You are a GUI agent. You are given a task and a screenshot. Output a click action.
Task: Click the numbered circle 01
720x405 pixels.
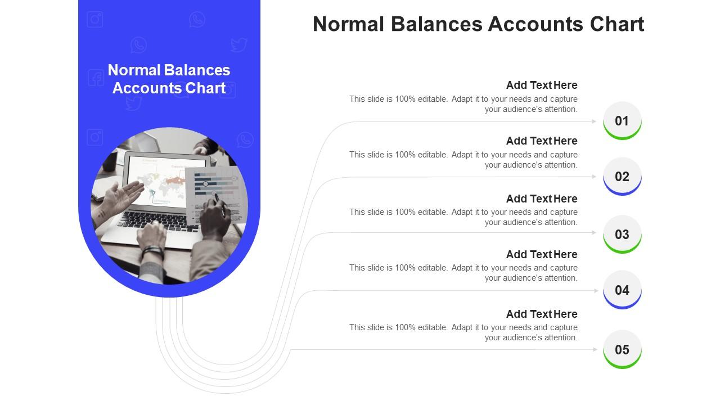pyautogui.click(x=622, y=120)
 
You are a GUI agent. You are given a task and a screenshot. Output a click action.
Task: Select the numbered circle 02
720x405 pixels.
pyautogui.click(x=622, y=176)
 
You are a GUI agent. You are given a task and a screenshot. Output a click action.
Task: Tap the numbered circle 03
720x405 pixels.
pyautogui.click(x=622, y=234)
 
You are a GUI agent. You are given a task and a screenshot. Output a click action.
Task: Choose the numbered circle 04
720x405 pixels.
pyautogui.click(x=622, y=290)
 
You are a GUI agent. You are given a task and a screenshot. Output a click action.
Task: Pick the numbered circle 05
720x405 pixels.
pyautogui.click(x=622, y=349)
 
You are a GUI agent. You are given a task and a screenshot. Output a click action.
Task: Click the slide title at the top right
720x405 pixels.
pyautogui.click(x=478, y=24)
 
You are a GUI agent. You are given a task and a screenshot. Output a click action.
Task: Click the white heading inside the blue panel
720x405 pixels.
pyautogui.click(x=169, y=79)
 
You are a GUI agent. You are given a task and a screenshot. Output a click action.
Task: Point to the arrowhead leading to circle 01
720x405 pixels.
pyautogui.click(x=594, y=121)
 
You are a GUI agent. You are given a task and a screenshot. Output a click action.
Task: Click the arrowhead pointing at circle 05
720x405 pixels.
pyautogui.click(x=595, y=349)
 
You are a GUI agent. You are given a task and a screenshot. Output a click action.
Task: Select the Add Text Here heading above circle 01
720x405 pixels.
pyautogui.click(x=542, y=85)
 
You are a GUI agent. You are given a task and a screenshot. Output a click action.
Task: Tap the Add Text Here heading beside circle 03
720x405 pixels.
pyautogui.click(x=542, y=199)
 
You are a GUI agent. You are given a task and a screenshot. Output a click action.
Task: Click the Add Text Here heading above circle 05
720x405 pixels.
pyautogui.click(x=542, y=314)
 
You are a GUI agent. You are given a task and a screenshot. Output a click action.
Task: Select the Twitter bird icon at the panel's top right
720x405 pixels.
pyautogui.click(x=239, y=44)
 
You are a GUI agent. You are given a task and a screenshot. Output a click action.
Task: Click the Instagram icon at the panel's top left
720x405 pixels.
pyautogui.click(x=95, y=20)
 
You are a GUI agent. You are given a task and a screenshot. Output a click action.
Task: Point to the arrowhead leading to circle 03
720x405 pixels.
pyautogui.click(x=594, y=232)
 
